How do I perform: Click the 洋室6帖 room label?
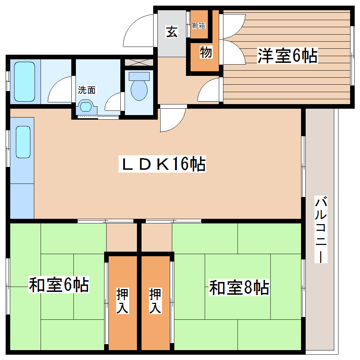[x=287, y=55]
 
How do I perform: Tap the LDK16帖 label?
[x=163, y=164]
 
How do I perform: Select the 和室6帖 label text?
[x=58, y=285]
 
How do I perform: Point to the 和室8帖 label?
[x=239, y=287]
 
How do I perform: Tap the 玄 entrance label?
[x=172, y=32]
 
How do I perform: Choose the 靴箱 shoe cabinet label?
[x=199, y=25]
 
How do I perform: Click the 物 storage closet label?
[x=206, y=53]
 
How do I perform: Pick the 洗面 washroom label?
[x=86, y=90]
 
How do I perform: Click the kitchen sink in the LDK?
[x=23, y=142]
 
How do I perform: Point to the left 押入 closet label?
[x=122, y=301]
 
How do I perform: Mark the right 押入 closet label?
[x=155, y=301]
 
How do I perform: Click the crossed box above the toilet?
[x=139, y=62]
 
